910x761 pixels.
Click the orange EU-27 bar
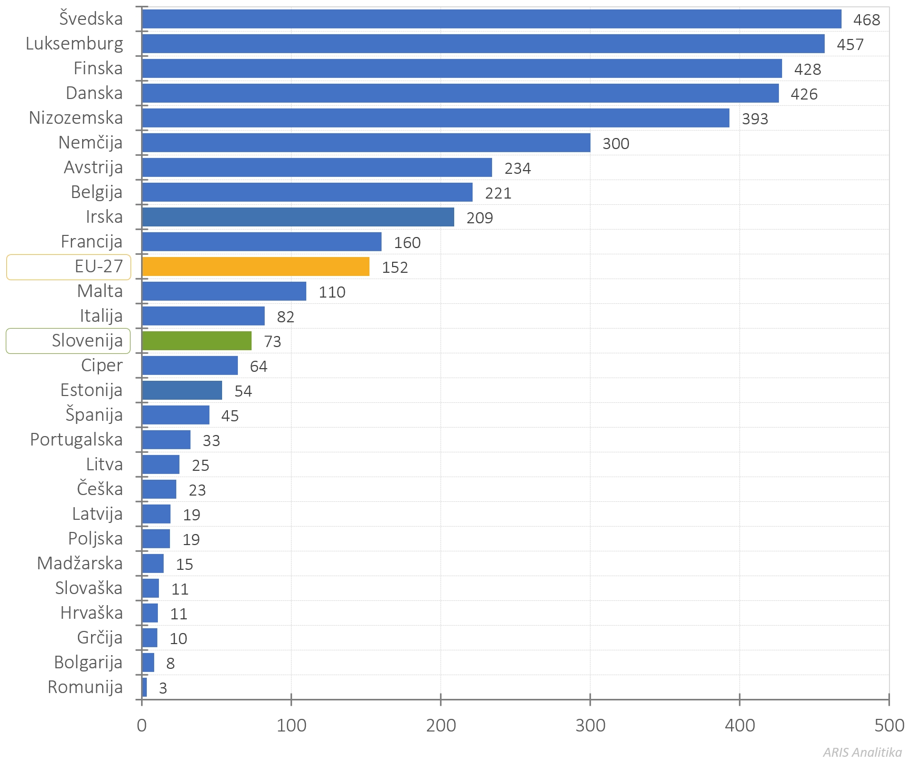255,266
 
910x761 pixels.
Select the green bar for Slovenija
196,341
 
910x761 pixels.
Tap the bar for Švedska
491,19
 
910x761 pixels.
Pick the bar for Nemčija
366,143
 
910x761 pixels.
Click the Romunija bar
144,687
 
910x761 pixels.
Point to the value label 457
850,44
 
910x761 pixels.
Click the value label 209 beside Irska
479,218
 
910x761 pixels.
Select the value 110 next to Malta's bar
332,292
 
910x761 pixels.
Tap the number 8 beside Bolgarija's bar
170,663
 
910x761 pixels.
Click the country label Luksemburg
74,43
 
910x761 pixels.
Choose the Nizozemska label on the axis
76,117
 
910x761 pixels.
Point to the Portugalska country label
76,439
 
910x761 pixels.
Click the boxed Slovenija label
87,341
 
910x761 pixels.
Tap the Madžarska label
80,563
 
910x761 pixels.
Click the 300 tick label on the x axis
590,725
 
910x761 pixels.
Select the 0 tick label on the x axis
142,725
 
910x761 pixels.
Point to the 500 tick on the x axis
889,725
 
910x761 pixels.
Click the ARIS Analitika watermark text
862,752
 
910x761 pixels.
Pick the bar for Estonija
182,390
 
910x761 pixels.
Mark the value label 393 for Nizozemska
755,118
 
